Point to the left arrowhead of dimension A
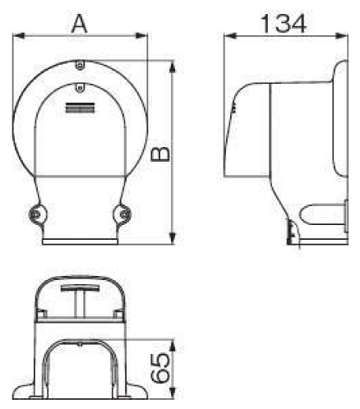coord(19,37)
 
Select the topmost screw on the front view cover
coord(79,66)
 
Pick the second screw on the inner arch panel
coord(79,86)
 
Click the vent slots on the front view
coord(79,107)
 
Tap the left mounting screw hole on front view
coord(36,214)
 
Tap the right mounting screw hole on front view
coord(122,214)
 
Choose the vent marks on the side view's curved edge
coord(234,106)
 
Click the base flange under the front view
coord(79,241)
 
